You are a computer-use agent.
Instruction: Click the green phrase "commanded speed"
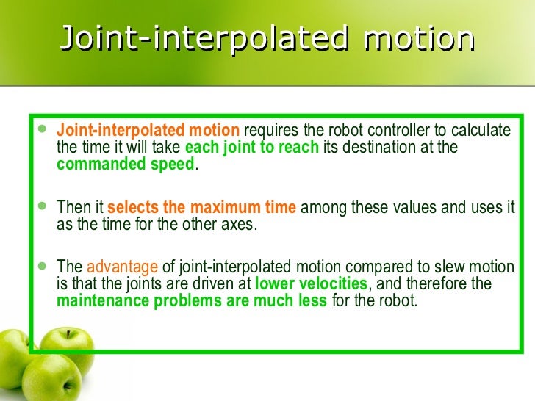pos(126,164)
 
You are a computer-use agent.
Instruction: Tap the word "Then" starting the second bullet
pos(72,208)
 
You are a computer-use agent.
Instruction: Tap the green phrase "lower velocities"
pos(311,283)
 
